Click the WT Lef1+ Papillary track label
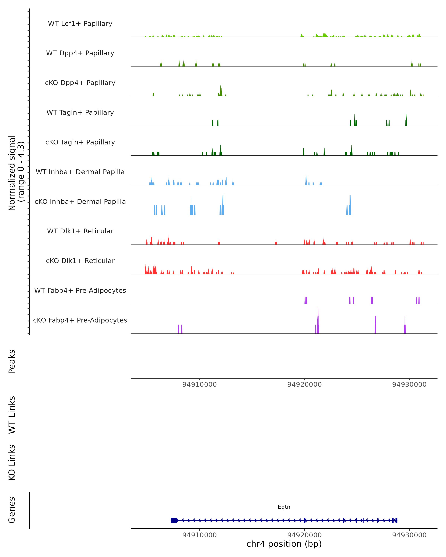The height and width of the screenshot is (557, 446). (x=80, y=24)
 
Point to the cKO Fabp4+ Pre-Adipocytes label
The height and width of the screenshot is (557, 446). (x=80, y=320)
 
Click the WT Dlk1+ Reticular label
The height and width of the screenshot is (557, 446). (x=80, y=231)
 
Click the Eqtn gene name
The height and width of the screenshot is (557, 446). (x=284, y=507)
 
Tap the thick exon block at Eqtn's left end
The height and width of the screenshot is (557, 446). (x=174, y=520)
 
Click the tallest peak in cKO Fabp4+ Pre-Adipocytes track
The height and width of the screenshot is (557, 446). (x=318, y=320)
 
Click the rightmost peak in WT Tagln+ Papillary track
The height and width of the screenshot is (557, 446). (x=406, y=120)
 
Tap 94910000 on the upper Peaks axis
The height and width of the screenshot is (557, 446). (x=200, y=385)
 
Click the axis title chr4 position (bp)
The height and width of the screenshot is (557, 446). (x=284, y=544)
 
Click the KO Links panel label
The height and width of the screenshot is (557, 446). (x=12, y=462)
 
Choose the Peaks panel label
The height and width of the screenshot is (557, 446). (x=12, y=361)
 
